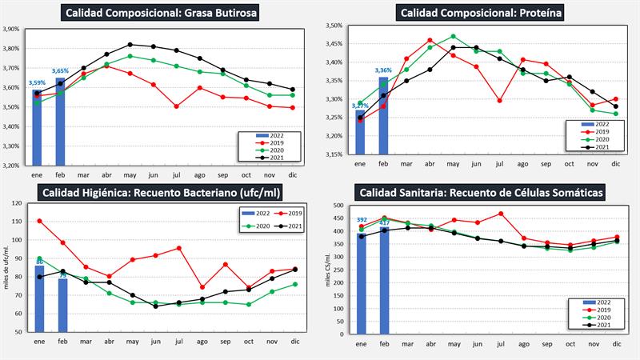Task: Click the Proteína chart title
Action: pyautogui.click(x=478, y=13)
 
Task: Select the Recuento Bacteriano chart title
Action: pyautogui.click(x=161, y=193)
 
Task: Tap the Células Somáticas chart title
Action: pyautogui.click(x=481, y=193)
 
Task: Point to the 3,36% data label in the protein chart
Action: pyautogui.click(x=383, y=70)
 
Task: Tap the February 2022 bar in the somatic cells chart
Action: pyautogui.click(x=385, y=280)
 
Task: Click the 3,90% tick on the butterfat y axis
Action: pyautogui.click(x=11, y=29)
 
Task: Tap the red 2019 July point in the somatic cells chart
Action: pyautogui.click(x=502, y=214)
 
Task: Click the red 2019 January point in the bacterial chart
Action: pyautogui.click(x=40, y=221)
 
